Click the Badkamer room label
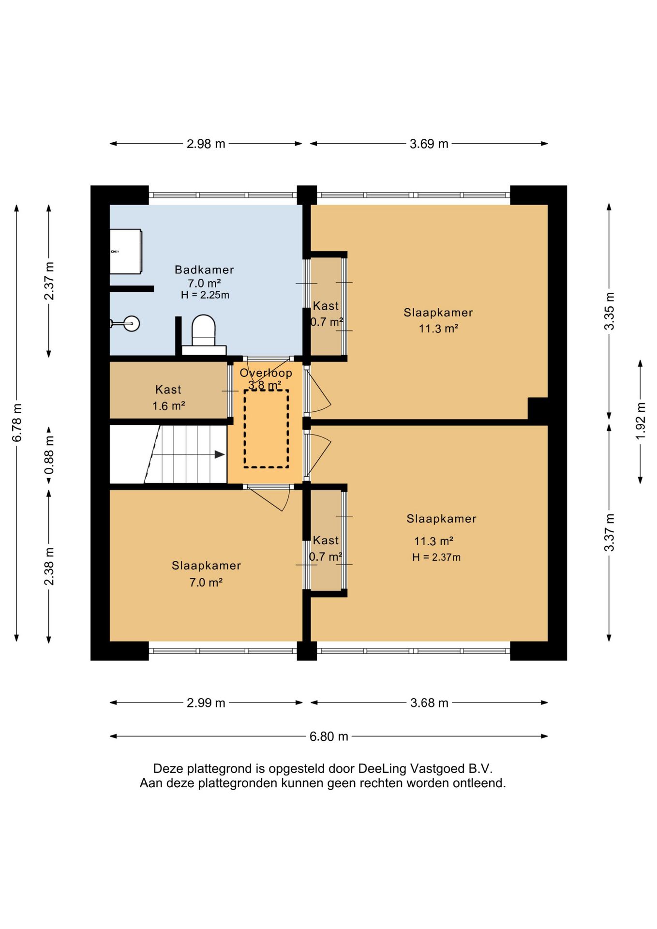coord(204,270)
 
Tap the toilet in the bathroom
coord(204,334)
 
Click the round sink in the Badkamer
coord(131,323)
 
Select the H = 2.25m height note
coord(205,295)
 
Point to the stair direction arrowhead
coord(220,454)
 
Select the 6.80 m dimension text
coord(329,736)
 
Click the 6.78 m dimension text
coord(17,422)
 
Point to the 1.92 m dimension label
coord(641,421)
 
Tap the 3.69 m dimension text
coord(429,144)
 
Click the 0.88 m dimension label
coord(49,455)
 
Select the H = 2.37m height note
coord(436,557)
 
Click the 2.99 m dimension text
coord(206,703)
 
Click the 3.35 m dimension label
coord(609,311)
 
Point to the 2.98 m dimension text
coord(206,144)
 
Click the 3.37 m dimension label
coord(609,532)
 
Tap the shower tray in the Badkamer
coord(126,252)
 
